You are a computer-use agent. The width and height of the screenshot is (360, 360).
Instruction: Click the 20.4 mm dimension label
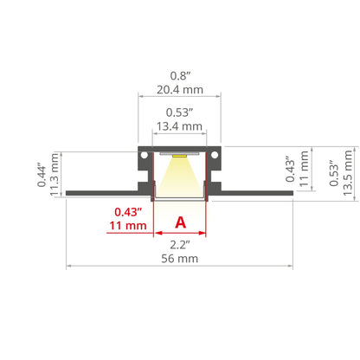[180, 90]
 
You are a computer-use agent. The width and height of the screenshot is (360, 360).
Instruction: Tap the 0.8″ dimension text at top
[180, 76]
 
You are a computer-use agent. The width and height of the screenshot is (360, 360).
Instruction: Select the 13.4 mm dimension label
[179, 126]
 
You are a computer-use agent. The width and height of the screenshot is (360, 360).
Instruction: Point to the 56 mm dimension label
[180, 259]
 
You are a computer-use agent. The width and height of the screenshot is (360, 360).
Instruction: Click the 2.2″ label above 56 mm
[180, 245]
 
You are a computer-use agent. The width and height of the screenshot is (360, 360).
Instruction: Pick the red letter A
[181, 222]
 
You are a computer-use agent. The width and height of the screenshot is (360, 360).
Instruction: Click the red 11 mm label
[128, 226]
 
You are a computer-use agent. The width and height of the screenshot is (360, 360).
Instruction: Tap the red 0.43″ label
[128, 212]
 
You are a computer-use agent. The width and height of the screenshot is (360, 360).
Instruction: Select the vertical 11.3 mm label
[55, 175]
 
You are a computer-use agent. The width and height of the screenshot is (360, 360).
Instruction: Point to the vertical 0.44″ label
[42, 176]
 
